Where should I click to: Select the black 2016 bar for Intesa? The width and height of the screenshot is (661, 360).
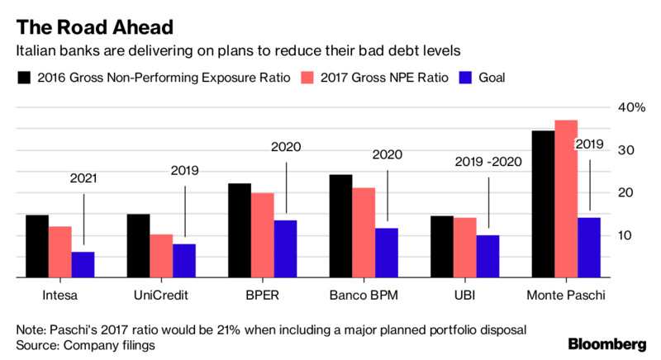37,246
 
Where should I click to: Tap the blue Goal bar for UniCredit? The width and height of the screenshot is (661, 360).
184,261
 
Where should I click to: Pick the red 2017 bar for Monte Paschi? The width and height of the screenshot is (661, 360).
566,199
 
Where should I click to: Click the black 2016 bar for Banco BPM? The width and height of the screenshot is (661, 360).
340,226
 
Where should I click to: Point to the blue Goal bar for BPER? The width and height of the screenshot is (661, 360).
285,249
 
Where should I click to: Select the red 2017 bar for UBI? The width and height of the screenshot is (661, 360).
465,248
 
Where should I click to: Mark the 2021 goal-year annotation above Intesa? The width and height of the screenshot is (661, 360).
83,178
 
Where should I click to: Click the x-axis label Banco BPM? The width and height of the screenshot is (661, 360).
364,295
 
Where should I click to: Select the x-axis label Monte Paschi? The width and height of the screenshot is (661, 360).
566,295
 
